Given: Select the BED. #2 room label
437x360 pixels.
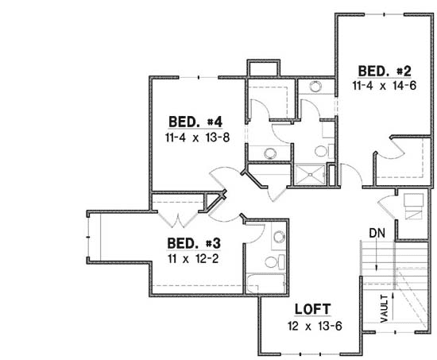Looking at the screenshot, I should point(384,69).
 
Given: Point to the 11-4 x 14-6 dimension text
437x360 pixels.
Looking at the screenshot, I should point(385,84).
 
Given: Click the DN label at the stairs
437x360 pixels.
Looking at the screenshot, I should point(377,233).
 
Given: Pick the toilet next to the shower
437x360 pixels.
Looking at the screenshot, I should point(321,149).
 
